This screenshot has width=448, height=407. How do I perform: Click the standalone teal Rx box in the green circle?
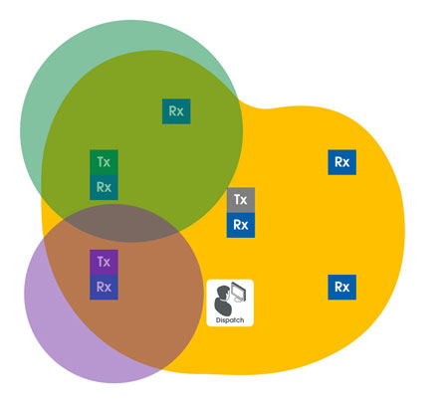176,111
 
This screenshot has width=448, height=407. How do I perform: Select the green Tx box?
104,162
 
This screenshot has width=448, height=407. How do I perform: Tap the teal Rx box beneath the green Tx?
104,187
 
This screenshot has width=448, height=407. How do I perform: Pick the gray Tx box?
241,200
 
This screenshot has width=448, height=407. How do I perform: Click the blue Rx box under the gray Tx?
241,225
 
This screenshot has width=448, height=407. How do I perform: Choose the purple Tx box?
104,262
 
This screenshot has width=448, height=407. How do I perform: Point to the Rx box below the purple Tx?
104,288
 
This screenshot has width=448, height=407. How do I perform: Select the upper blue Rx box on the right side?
342,162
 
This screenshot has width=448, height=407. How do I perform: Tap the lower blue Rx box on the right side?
342,288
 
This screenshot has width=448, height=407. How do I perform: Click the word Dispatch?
230,320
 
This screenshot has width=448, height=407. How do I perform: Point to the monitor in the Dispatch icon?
239,292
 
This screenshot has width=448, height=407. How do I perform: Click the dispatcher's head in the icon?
222,293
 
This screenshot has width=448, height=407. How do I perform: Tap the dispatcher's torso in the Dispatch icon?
222,306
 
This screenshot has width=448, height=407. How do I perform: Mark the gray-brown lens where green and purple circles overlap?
122,223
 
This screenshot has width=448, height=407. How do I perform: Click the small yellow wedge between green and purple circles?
51,222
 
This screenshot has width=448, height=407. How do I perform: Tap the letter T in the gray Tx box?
237,199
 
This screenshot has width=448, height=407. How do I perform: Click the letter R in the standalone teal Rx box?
172,111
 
